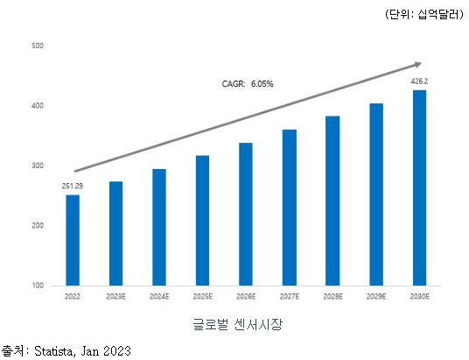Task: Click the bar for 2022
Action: (x=73, y=240)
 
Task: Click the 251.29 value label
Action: (x=73, y=187)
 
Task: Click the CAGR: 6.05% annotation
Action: (x=248, y=84)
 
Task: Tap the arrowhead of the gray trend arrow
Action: (x=416, y=64)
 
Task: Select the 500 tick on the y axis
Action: (x=37, y=46)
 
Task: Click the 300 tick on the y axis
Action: (x=37, y=166)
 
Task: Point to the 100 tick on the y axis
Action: (x=37, y=286)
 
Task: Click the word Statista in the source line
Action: (x=55, y=351)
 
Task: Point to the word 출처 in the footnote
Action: (x=12, y=351)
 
